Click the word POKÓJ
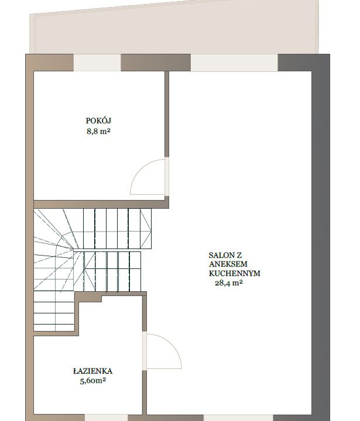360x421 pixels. (x=98, y=120)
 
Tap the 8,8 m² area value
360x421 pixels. (x=98, y=132)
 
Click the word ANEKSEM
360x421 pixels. (x=228, y=264)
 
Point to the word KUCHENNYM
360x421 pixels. (x=235, y=273)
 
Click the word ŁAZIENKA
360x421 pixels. (x=92, y=371)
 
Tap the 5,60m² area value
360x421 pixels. (x=92, y=381)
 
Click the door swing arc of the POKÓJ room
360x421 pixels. (x=140, y=168)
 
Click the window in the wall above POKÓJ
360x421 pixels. (x=97, y=63)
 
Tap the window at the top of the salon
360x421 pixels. (x=234, y=63)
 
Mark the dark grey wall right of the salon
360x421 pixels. (x=321, y=236)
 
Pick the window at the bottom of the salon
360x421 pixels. (x=238, y=417)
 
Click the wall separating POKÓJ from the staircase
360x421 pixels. (x=101, y=204)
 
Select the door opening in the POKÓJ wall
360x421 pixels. (x=167, y=177)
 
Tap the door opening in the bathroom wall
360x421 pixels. (x=145, y=351)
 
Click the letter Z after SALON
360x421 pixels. (x=239, y=255)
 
